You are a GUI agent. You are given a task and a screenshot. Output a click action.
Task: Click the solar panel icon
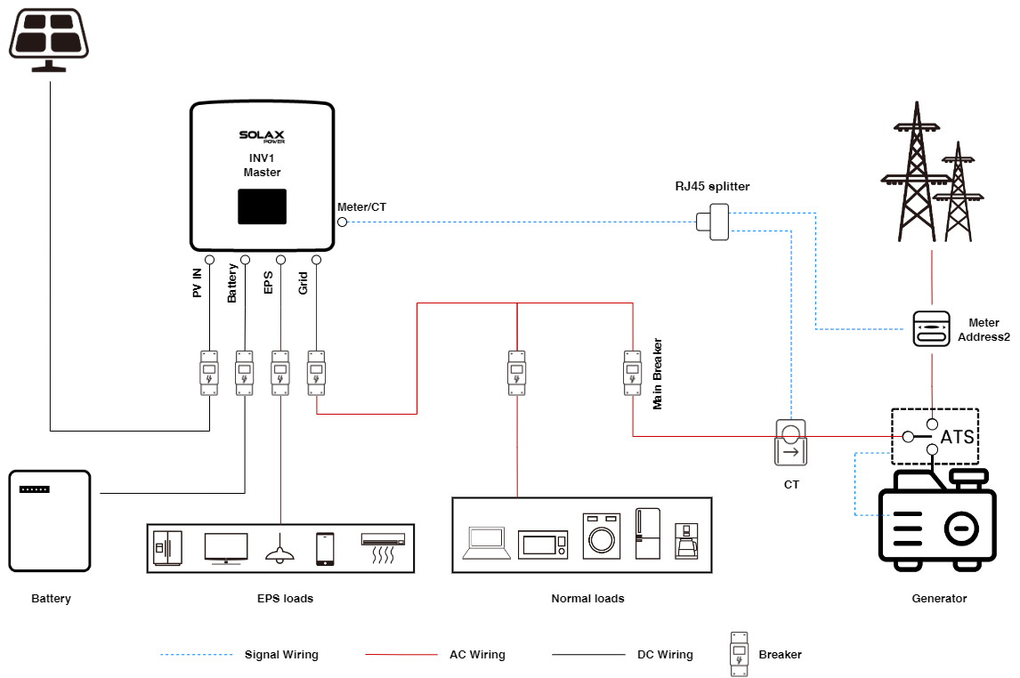pyautogui.click(x=49, y=39)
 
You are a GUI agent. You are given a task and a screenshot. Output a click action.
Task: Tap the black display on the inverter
pyautogui.click(x=263, y=206)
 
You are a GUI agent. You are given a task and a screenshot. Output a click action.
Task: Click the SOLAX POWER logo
pyautogui.click(x=262, y=136)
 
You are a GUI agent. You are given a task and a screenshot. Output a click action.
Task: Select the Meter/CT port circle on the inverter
pyautogui.click(x=342, y=222)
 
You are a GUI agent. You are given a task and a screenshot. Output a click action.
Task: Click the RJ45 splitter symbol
pyautogui.click(x=713, y=222)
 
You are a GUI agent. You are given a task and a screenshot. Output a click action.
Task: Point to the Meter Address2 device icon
pyautogui.click(x=932, y=328)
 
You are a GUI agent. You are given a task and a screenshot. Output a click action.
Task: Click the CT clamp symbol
pyautogui.click(x=791, y=443)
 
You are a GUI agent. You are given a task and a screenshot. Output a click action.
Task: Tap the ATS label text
pyautogui.click(x=958, y=437)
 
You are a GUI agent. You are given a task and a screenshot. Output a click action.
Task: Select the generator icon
pyautogui.click(x=937, y=520)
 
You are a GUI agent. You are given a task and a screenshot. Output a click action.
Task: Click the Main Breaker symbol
pyautogui.click(x=632, y=373)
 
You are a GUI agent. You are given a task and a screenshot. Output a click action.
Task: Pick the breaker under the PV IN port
pyautogui.click(x=209, y=373)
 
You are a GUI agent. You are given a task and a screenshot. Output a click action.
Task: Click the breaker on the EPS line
pyautogui.click(x=280, y=373)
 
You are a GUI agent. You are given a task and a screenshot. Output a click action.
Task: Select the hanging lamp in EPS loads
pyautogui.click(x=280, y=549)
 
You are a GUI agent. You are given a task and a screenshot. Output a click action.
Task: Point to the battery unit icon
pyautogui.click(x=50, y=521)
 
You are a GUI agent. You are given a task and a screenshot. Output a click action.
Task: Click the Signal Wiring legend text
pyautogui.click(x=281, y=655)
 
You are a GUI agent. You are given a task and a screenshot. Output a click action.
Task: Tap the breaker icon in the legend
pyautogui.click(x=739, y=654)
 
